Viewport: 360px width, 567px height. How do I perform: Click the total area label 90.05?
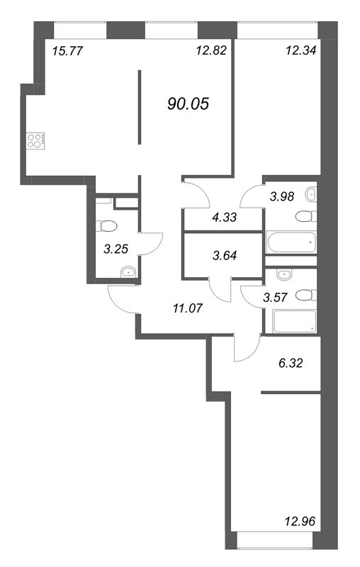click(189, 104)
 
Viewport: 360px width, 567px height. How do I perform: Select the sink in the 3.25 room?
click(128, 271)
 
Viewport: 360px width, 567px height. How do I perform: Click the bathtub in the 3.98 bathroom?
click(291, 242)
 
